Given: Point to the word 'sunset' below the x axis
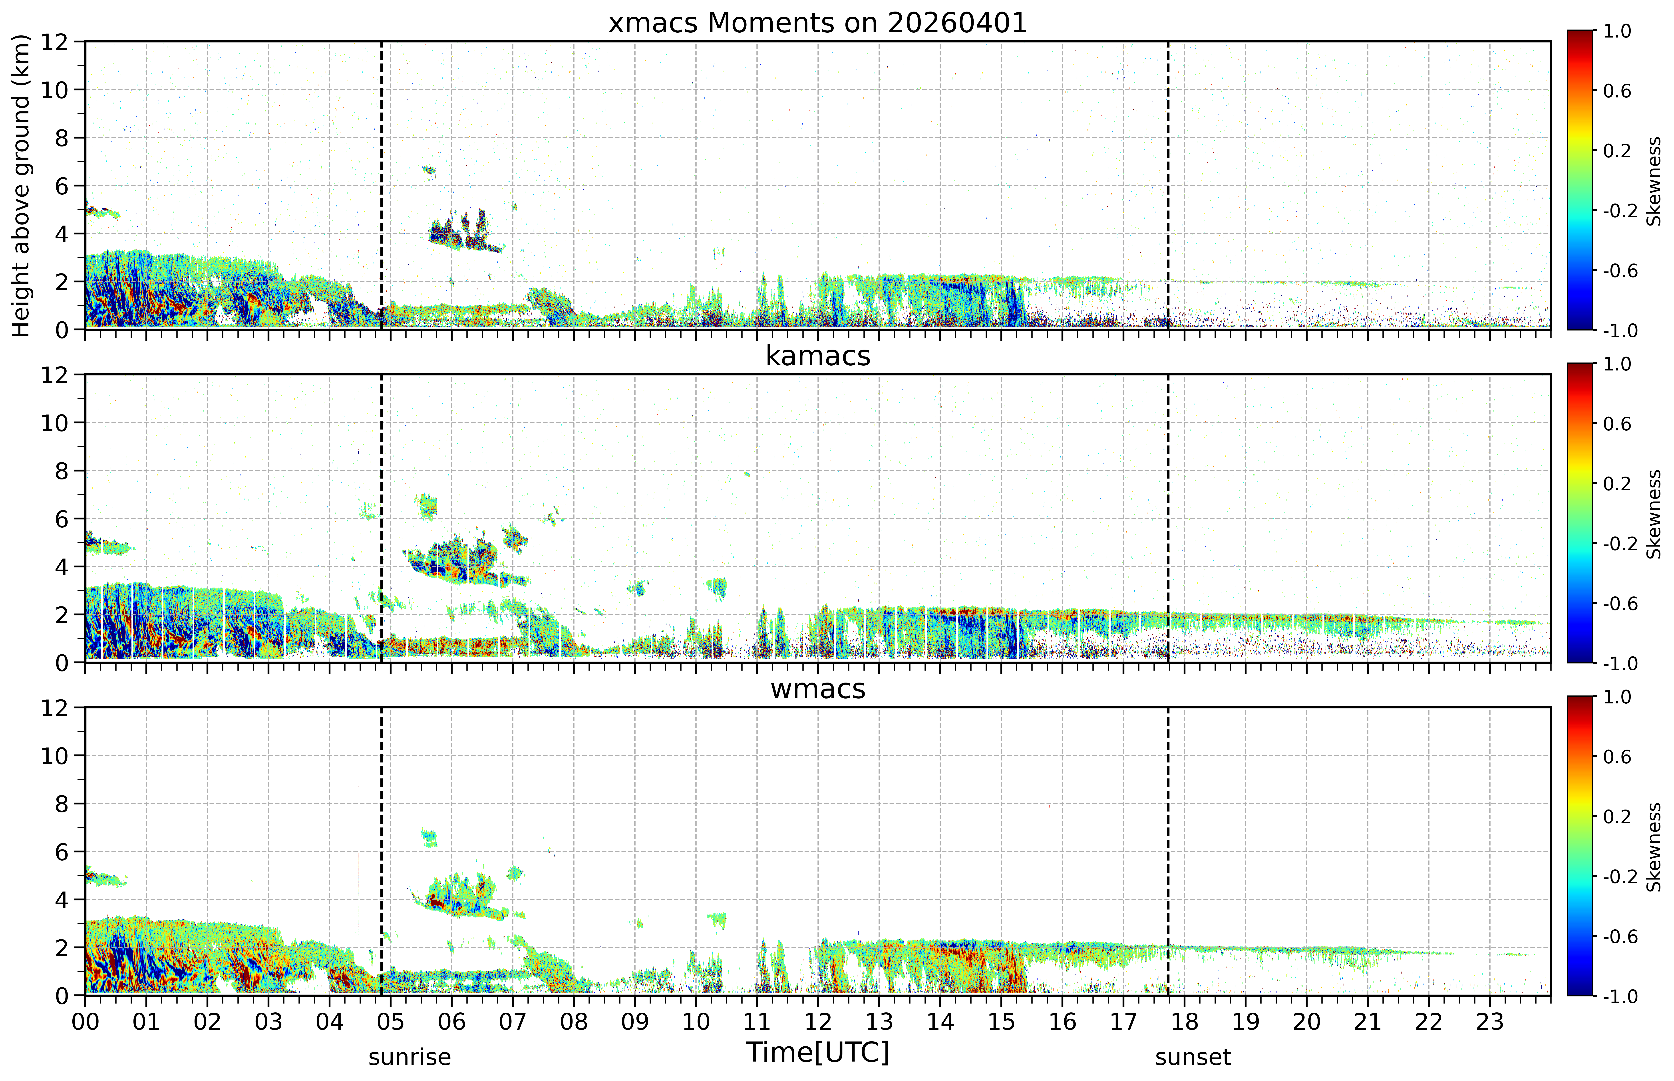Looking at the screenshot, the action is coord(1193,1056).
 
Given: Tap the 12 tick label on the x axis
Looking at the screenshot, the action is coord(818,1021).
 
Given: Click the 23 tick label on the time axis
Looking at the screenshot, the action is coord(1489,1021).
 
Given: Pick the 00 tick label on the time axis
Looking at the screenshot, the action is coord(85,1021).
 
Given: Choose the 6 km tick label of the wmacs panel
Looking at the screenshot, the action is coord(62,851).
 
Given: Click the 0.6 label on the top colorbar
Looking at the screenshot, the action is coord(1617,91).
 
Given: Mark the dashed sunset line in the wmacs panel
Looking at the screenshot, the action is coord(1168,851).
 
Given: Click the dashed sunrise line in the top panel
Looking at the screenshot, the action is coord(381,185).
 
